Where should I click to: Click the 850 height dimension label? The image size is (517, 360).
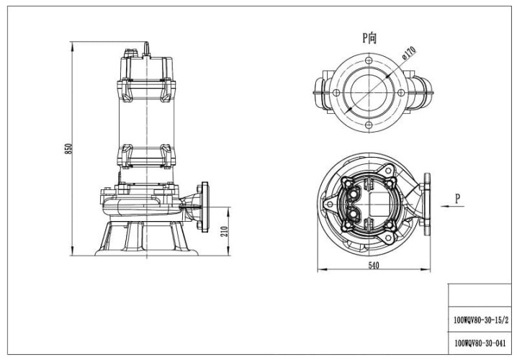tap(69, 148)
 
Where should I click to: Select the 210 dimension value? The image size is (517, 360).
tap(225, 230)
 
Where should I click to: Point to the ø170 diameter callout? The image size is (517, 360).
tap(408, 53)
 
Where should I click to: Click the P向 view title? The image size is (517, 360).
tap(369, 37)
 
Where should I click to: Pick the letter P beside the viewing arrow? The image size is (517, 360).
tap(457, 197)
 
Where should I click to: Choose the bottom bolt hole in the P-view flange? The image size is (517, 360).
tap(369, 125)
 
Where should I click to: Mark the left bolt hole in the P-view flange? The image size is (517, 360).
tap(336, 92)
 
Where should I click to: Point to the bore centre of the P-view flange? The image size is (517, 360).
tap(369, 92)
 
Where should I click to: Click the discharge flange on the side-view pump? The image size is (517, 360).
tap(203, 204)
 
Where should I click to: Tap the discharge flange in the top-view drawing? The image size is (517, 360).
tap(427, 204)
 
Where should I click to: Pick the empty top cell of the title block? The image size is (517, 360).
tap(482, 295)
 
